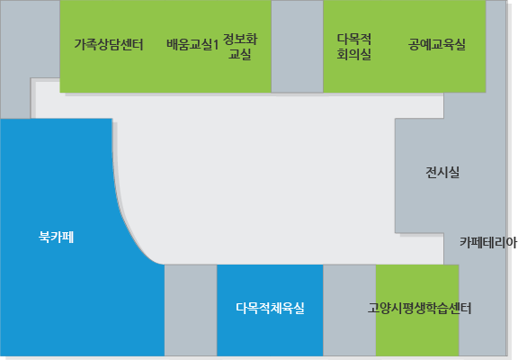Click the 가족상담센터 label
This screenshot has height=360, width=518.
[109, 44]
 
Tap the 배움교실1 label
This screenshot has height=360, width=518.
[192, 44]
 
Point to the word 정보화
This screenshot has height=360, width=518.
[240, 39]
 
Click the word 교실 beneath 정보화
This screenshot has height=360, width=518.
[240, 54]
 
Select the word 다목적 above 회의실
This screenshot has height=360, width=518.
[354, 39]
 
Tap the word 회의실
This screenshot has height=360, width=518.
[354, 54]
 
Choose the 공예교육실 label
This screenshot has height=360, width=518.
[437, 44]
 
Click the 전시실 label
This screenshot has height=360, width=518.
[442, 172]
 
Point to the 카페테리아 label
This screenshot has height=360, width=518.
[488, 243]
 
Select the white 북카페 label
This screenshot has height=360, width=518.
[56, 237]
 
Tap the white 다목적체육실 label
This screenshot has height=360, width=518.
[270, 308]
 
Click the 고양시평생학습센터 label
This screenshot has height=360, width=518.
[420, 308]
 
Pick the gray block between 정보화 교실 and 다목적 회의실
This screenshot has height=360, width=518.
[297, 46]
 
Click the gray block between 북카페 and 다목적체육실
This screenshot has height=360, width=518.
[191, 310]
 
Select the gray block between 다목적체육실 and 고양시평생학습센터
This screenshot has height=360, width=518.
[350, 310]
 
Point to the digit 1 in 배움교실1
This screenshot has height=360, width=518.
[216, 45]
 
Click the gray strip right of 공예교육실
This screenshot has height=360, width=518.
[496, 46]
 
